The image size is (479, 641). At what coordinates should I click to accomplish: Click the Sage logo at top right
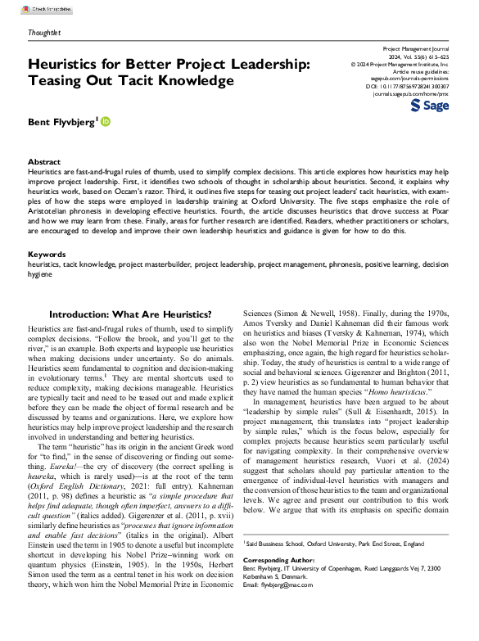click(428, 106)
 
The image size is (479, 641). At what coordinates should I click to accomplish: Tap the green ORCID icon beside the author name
click(106, 121)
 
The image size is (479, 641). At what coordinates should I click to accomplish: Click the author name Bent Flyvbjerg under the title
click(61, 122)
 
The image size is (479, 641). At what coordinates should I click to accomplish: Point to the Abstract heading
click(43, 162)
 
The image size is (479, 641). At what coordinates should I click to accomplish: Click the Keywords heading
click(47, 255)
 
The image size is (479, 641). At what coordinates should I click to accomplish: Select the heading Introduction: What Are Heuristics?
click(131, 314)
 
